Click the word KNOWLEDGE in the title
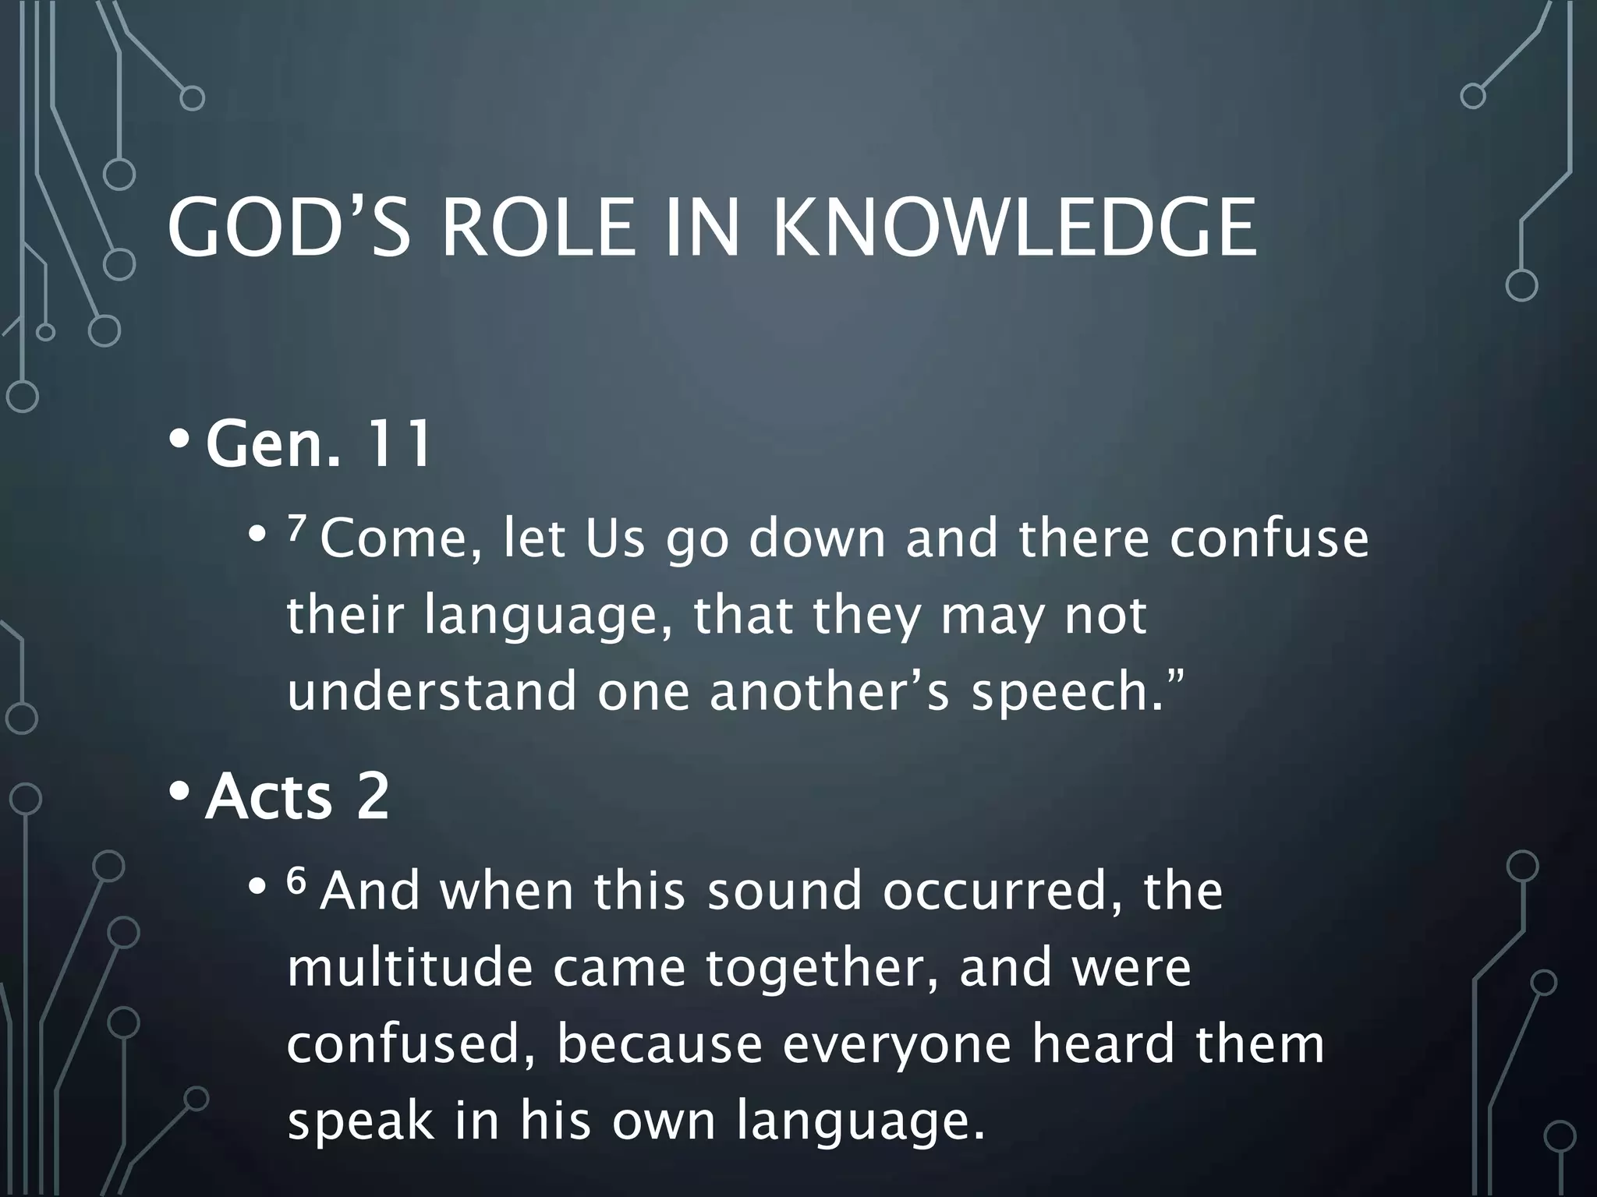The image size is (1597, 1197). coord(1014,227)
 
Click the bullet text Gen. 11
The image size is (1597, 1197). coord(318,444)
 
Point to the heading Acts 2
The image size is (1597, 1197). coord(296,796)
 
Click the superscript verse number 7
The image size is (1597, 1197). coord(295,530)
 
